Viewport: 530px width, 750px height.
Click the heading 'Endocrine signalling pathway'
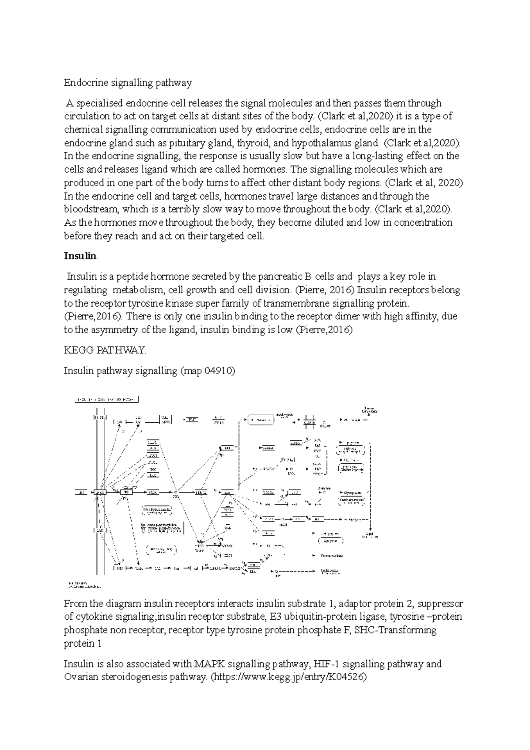coord(128,83)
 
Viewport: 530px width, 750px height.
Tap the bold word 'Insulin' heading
coord(79,256)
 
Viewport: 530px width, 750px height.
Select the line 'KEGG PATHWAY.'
coord(105,350)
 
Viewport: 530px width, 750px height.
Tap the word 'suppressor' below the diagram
coord(440,603)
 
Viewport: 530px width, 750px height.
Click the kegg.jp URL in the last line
coord(290,677)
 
